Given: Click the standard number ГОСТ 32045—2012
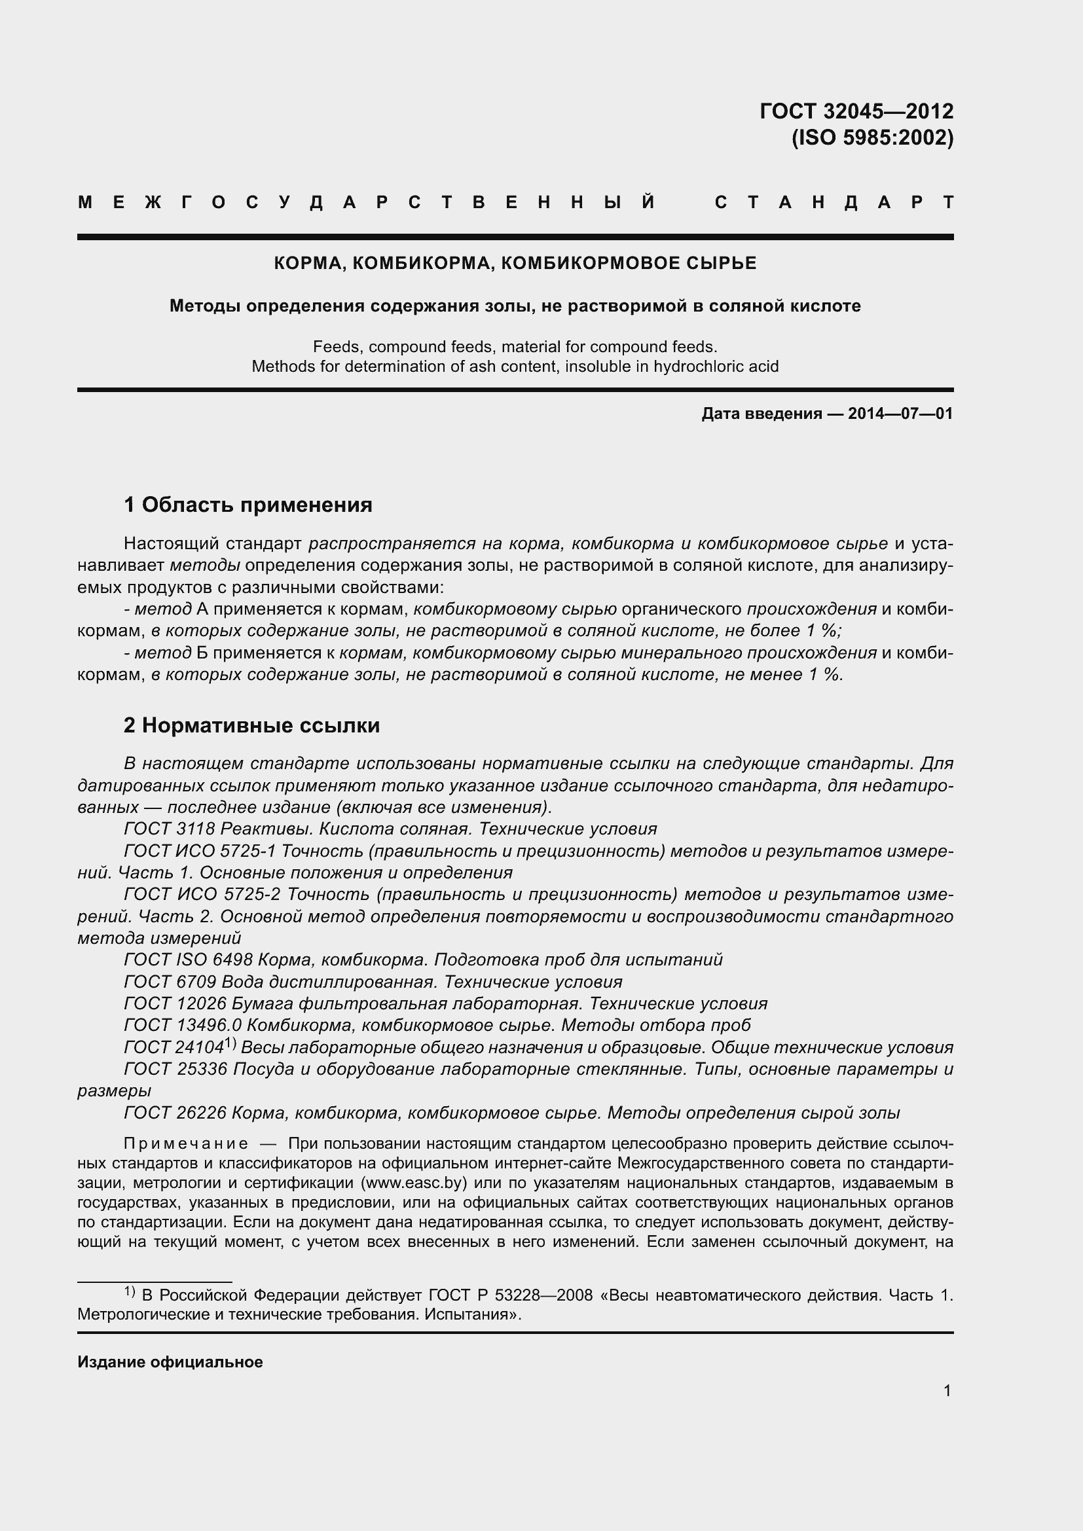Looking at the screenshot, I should tap(856, 111).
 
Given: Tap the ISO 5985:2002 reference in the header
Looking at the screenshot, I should tap(872, 138).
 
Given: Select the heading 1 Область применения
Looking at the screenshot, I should tap(248, 505).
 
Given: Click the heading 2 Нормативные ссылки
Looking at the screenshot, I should tap(251, 725).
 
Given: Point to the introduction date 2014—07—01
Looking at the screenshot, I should tap(900, 414).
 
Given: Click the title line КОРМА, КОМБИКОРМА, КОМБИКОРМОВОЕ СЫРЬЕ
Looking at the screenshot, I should tap(515, 263).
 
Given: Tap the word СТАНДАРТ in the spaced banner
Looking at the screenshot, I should tap(834, 203).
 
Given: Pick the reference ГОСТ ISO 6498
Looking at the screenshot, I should tap(188, 960).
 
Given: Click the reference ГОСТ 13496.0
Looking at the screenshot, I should tap(182, 1025).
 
